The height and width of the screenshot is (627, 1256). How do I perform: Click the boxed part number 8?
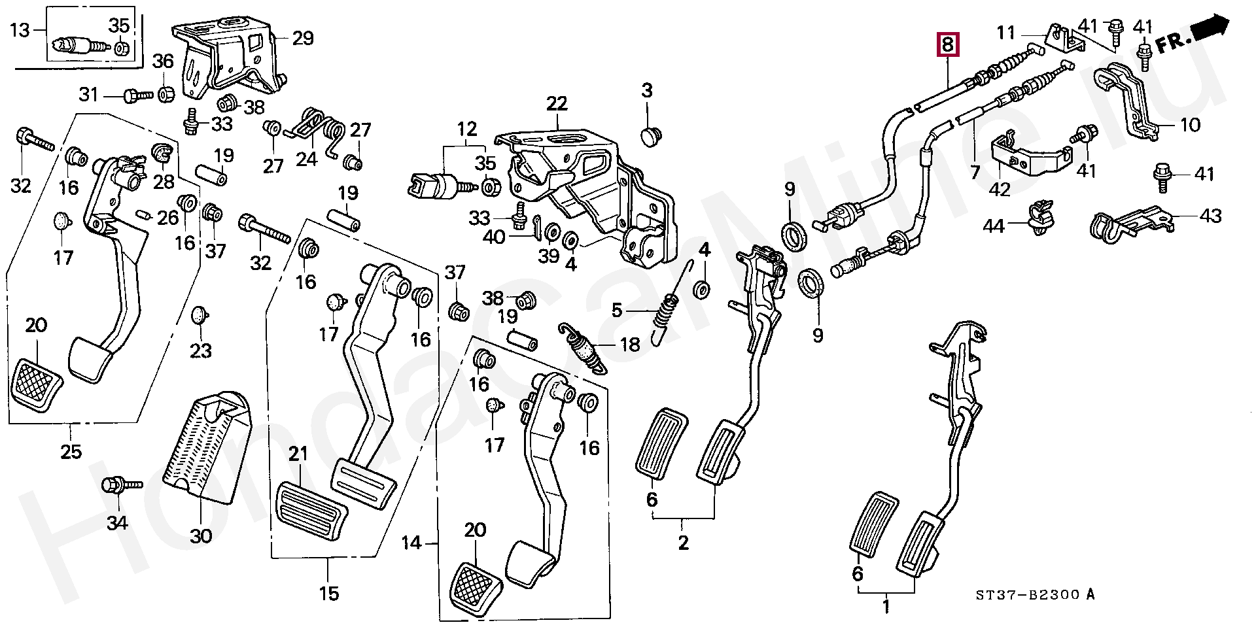949,44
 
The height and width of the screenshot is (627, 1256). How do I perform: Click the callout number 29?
302,38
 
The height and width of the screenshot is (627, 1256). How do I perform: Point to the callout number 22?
557,103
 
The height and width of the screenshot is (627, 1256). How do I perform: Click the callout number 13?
20,30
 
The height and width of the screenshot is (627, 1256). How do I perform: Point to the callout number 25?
71,451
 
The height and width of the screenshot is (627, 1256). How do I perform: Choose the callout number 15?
329,593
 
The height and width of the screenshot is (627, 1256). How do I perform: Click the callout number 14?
411,542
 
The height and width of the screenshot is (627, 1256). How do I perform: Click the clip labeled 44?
1038,220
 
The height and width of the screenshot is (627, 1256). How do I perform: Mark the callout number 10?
1190,124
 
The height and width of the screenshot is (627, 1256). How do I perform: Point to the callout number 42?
1000,189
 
